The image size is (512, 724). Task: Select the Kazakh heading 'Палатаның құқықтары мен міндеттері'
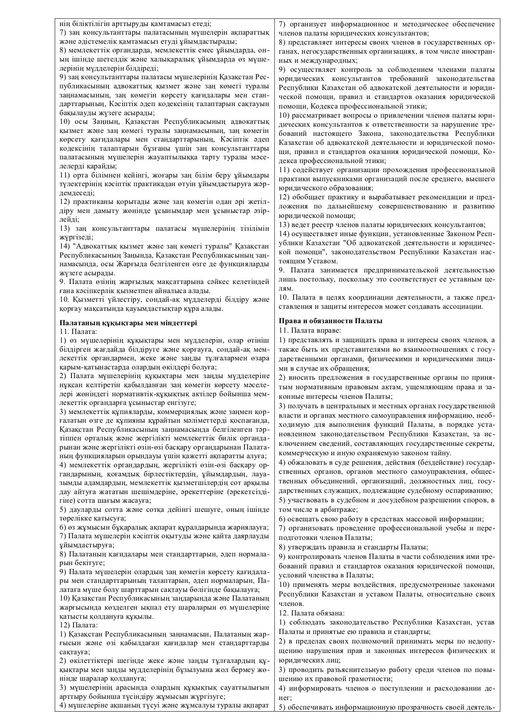(128, 323)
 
